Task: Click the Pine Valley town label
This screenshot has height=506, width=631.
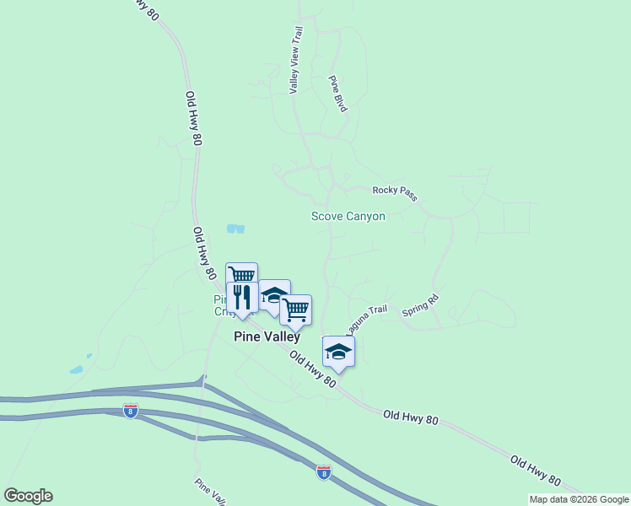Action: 267,336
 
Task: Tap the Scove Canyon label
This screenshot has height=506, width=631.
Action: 348,216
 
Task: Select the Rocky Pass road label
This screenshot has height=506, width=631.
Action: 395,193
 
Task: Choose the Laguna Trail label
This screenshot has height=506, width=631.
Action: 366,316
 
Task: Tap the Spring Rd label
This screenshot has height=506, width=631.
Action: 420,304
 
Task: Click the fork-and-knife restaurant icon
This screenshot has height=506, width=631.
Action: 243,298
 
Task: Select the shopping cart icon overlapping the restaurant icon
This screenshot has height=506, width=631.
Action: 242,274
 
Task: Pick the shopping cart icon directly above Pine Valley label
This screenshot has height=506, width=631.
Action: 295,310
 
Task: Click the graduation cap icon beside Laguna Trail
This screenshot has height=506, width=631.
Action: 338,352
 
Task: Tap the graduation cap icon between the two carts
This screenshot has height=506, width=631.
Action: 274,295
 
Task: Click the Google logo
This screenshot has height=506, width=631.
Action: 28,496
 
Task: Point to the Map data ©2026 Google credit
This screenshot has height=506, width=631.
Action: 580,499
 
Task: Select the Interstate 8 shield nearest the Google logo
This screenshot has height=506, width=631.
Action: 131,411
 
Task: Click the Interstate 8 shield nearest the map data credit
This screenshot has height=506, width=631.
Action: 324,471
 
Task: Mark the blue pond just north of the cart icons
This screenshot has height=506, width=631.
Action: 235,228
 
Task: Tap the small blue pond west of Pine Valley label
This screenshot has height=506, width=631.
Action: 77,369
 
